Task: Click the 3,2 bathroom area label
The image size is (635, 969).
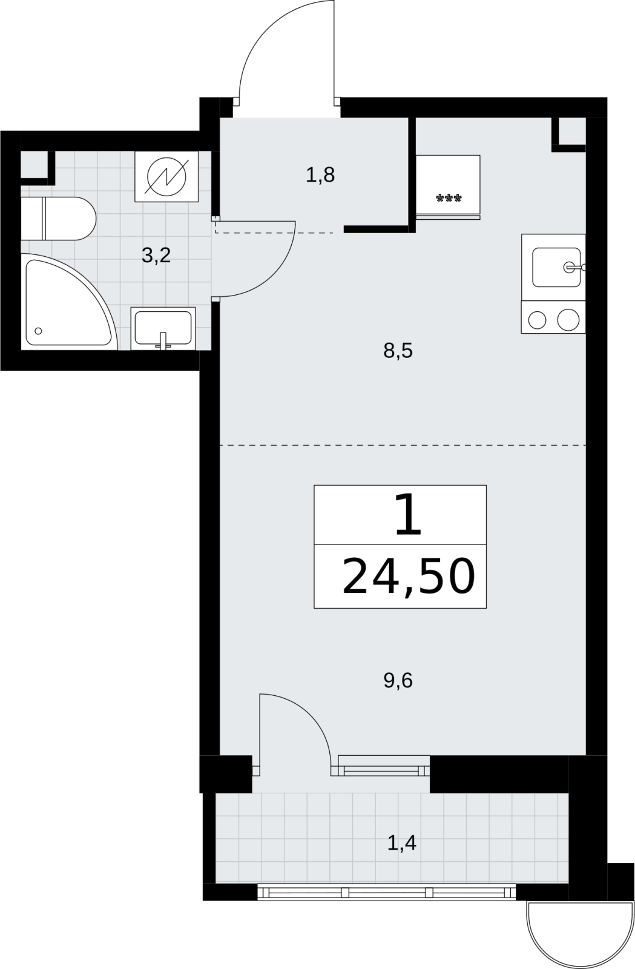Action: (x=156, y=256)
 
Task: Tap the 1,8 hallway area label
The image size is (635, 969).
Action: (x=320, y=175)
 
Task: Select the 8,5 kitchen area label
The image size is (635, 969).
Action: (x=398, y=351)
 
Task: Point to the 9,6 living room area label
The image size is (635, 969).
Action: (x=398, y=681)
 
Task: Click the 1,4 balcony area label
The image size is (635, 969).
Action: (x=401, y=842)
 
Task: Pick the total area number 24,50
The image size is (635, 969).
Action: (x=409, y=577)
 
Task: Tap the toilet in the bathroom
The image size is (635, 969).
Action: (x=58, y=219)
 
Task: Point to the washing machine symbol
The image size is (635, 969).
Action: (x=166, y=176)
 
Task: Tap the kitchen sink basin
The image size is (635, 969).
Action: (x=556, y=267)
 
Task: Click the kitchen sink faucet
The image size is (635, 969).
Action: (x=574, y=267)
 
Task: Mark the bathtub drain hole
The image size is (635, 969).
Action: (x=38, y=331)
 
